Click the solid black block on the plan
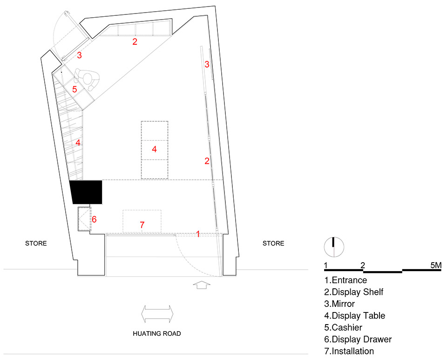coord(87,192)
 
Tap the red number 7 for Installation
coord(142,225)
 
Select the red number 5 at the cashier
coord(74,89)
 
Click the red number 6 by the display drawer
coord(94,219)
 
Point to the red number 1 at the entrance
coord(198,234)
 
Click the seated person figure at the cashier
coord(87,79)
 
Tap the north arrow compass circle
coord(334,247)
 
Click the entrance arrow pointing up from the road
coord(202,285)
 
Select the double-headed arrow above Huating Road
coord(157,314)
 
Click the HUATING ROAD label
coord(157,333)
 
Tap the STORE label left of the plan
coord(36,243)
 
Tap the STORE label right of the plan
coord(273,243)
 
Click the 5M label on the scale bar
coord(436,265)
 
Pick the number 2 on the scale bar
coord(363,265)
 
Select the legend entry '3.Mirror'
coord(339,304)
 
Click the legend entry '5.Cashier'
coord(343,327)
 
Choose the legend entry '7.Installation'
coord(349,351)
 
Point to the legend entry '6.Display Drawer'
coord(358,339)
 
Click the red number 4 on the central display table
coord(154,149)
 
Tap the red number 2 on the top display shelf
coord(135,41)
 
